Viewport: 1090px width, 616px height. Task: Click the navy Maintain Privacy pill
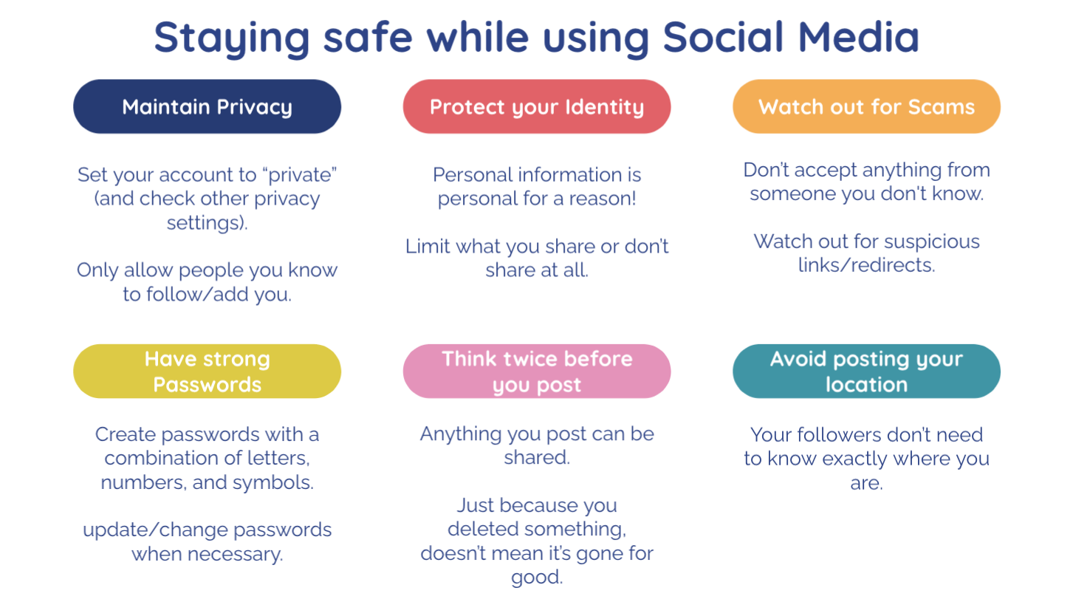point(207,106)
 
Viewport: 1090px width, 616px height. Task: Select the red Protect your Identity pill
point(537,106)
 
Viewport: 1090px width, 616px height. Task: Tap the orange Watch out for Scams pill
point(867,106)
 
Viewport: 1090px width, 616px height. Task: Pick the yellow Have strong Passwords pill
point(207,372)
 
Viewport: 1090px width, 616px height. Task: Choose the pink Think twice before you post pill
point(537,372)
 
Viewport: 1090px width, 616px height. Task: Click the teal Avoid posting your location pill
point(867,372)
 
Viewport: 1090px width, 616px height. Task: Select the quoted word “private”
point(302,175)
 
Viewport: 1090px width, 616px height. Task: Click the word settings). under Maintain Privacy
point(208,223)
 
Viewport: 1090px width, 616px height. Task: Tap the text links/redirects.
point(867,265)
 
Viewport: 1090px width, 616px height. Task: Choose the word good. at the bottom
point(537,578)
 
